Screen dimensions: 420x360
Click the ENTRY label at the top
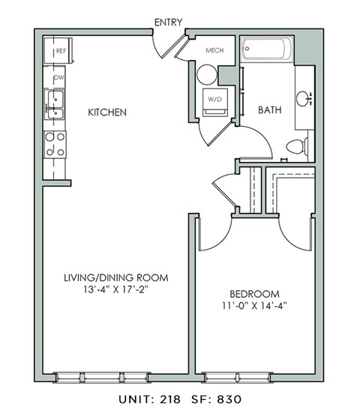168,22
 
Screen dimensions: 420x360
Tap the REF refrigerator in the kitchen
58,52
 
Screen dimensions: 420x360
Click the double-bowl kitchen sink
55,104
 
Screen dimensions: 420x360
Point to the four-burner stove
55,144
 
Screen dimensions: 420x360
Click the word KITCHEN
106,112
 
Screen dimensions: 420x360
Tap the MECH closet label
216,51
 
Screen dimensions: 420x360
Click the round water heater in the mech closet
205,74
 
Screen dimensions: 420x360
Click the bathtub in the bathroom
267,53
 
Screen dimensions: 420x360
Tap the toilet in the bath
297,145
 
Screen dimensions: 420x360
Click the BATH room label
270,110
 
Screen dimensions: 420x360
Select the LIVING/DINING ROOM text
115,277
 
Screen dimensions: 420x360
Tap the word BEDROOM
253,293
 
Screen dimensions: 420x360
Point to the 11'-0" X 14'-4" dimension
253,306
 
